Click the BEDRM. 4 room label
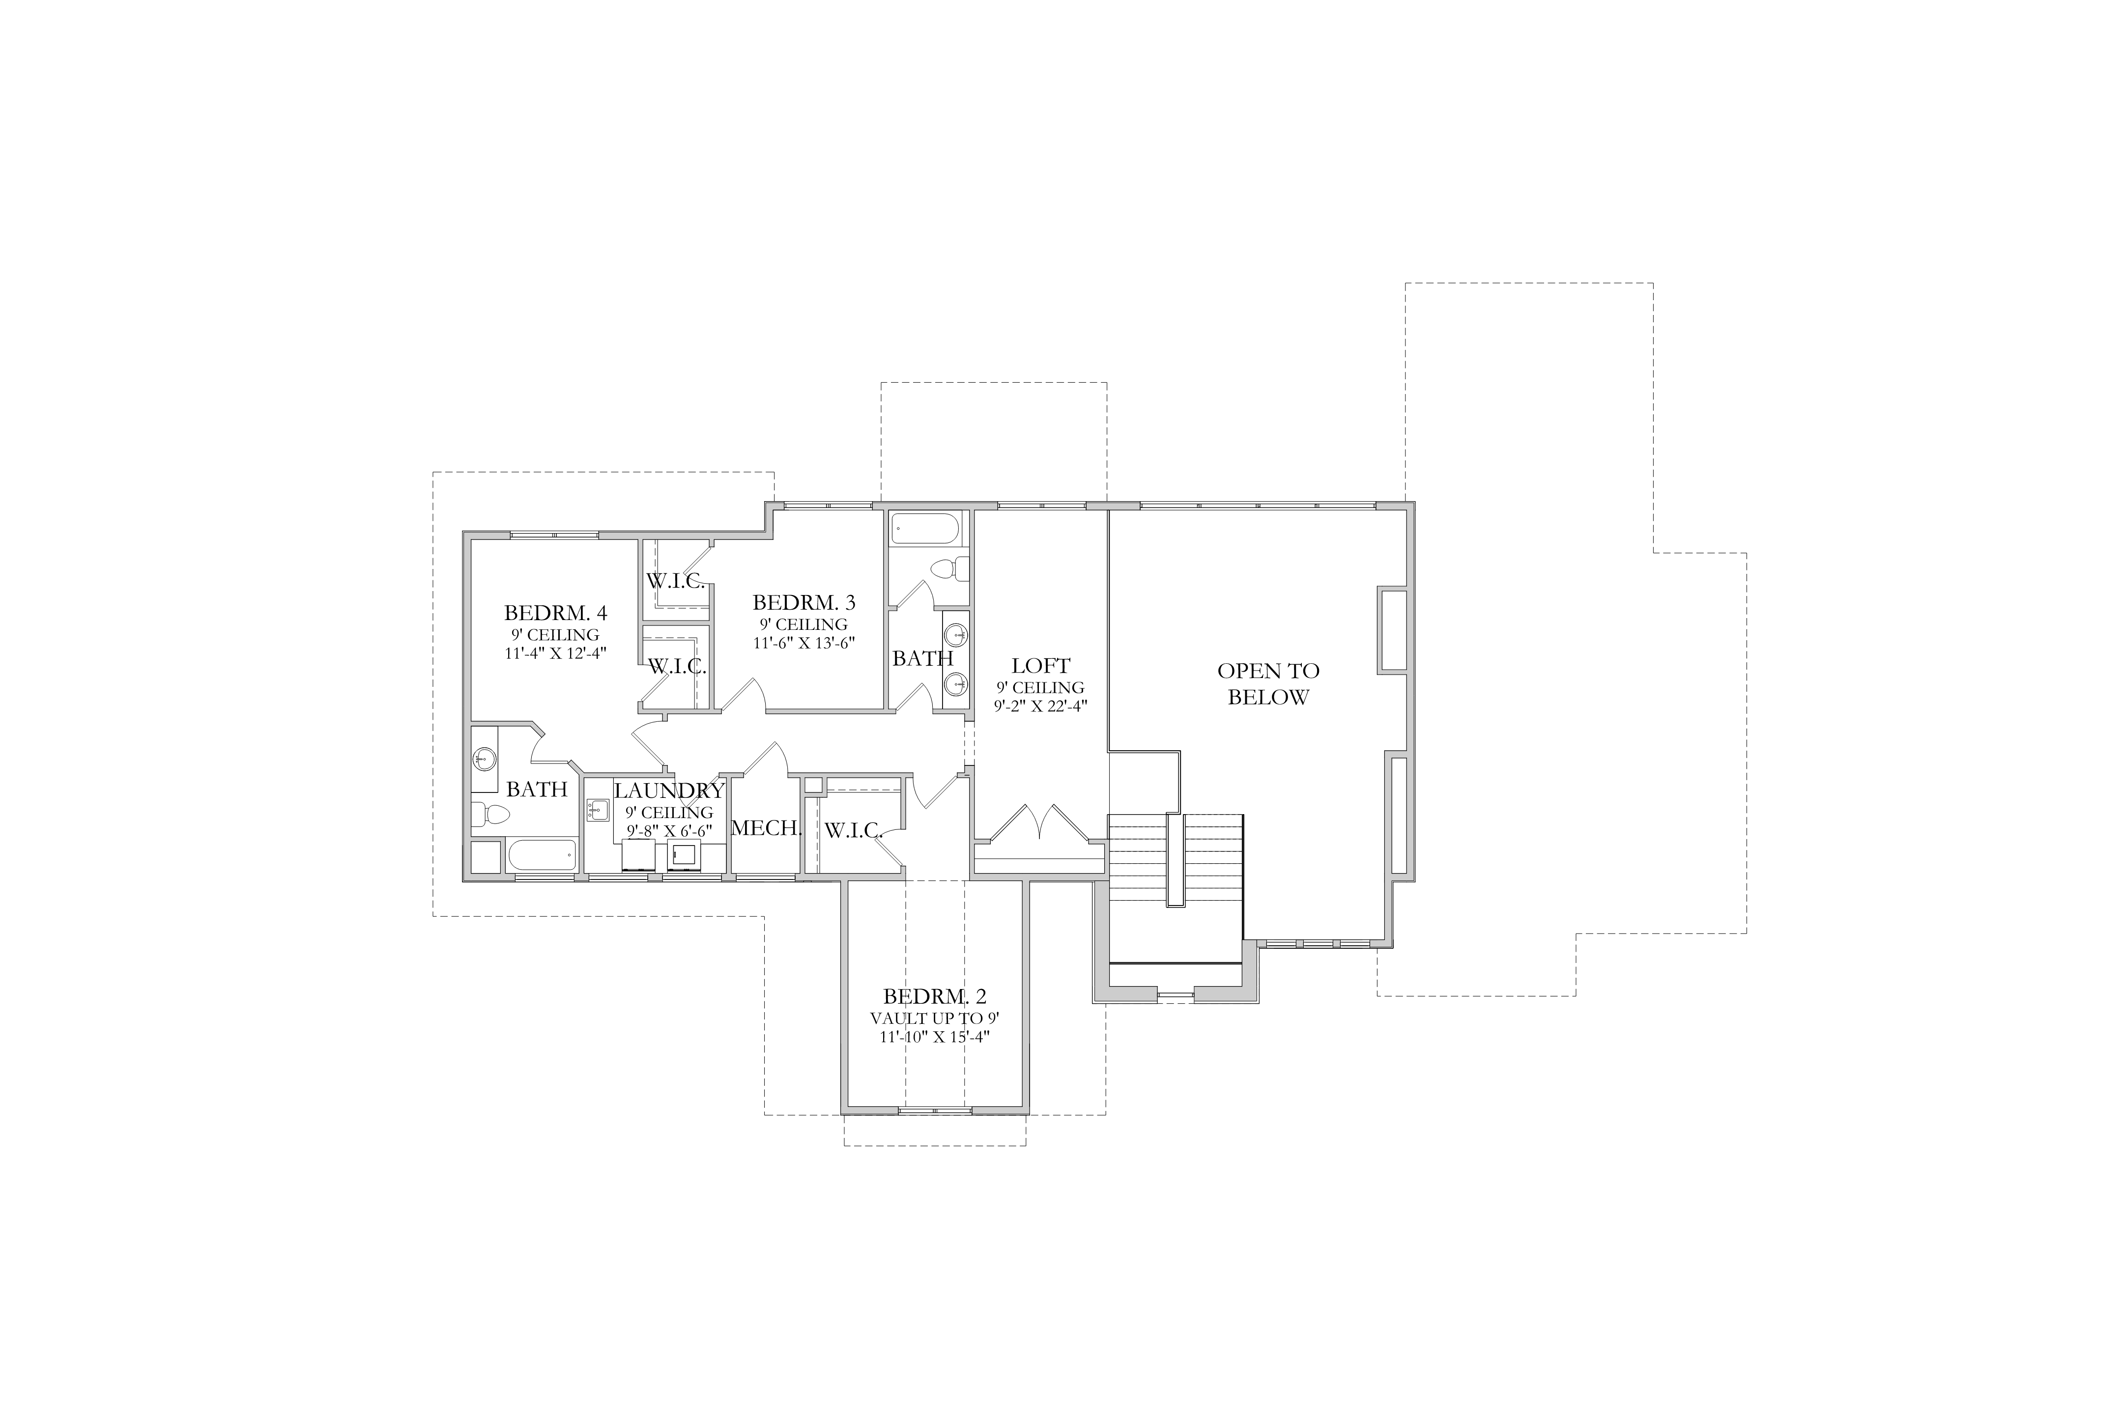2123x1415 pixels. [x=555, y=614]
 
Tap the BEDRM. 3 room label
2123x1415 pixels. [x=804, y=602]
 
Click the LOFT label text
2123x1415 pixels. [x=1041, y=666]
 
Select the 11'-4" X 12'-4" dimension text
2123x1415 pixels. [x=555, y=652]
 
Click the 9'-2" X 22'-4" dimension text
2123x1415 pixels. [x=1041, y=706]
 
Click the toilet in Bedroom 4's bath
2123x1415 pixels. [x=490, y=815]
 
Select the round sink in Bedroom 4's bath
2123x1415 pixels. [x=485, y=759]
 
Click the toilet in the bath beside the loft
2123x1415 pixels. [x=948, y=569]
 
